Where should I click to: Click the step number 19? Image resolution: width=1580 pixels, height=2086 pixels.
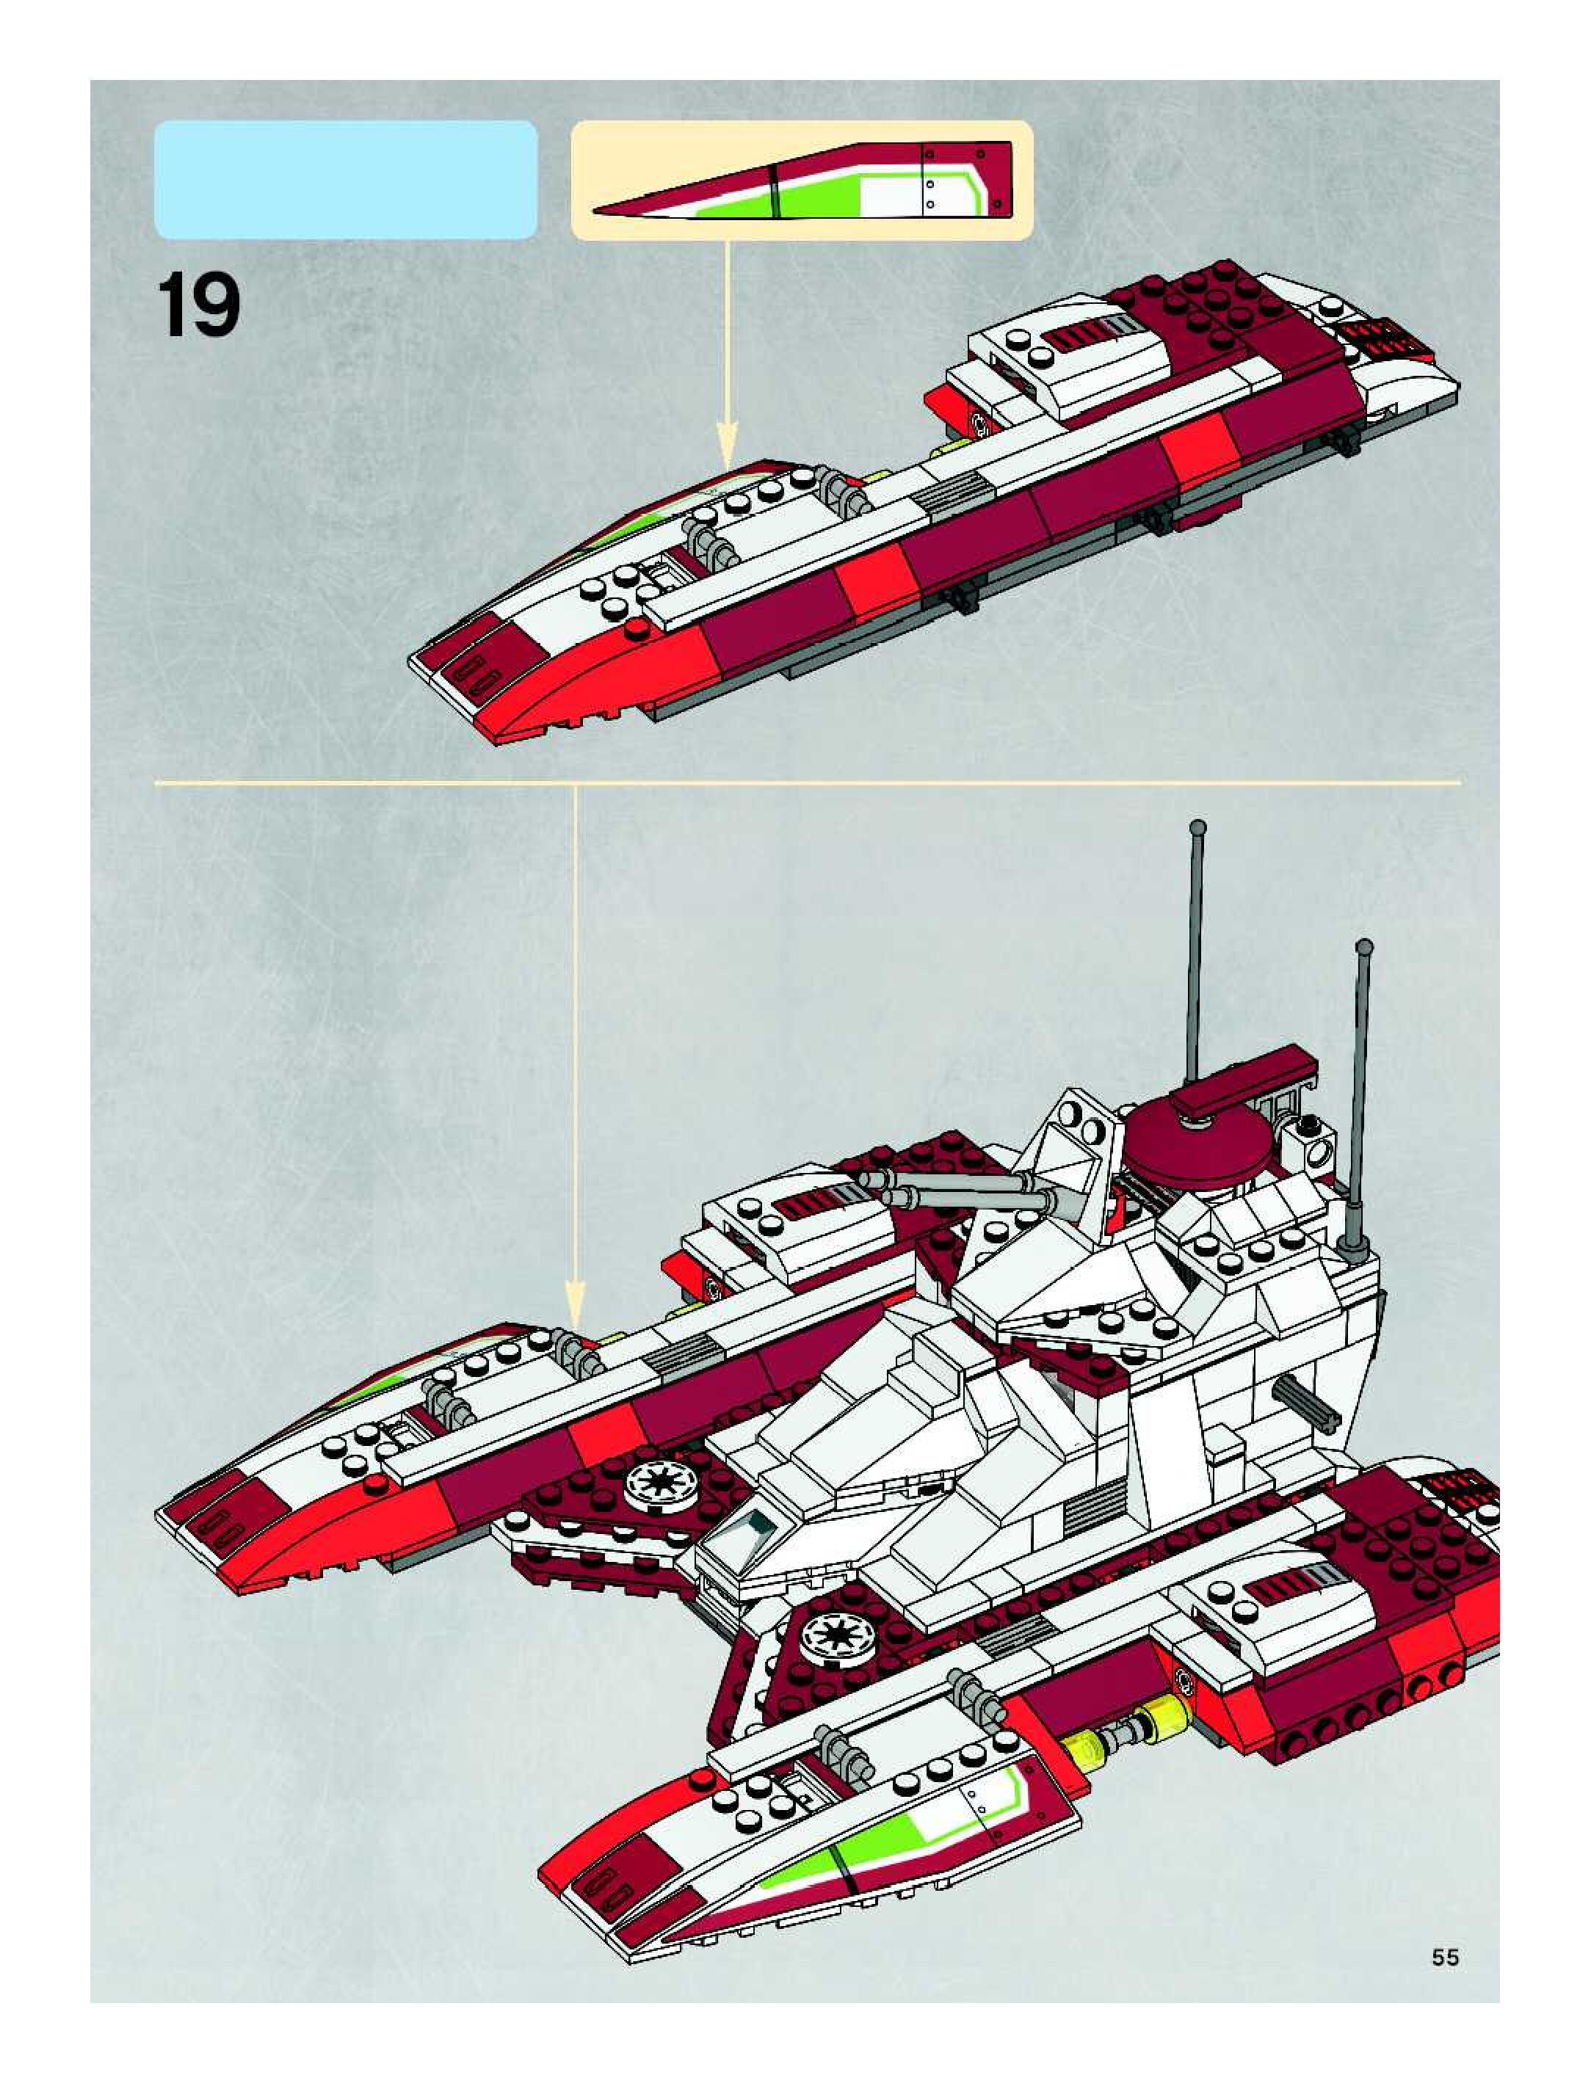coord(198,305)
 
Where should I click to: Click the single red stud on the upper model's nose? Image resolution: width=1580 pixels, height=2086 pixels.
coord(635,628)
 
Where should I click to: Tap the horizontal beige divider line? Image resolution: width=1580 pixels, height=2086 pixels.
coord(806,782)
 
